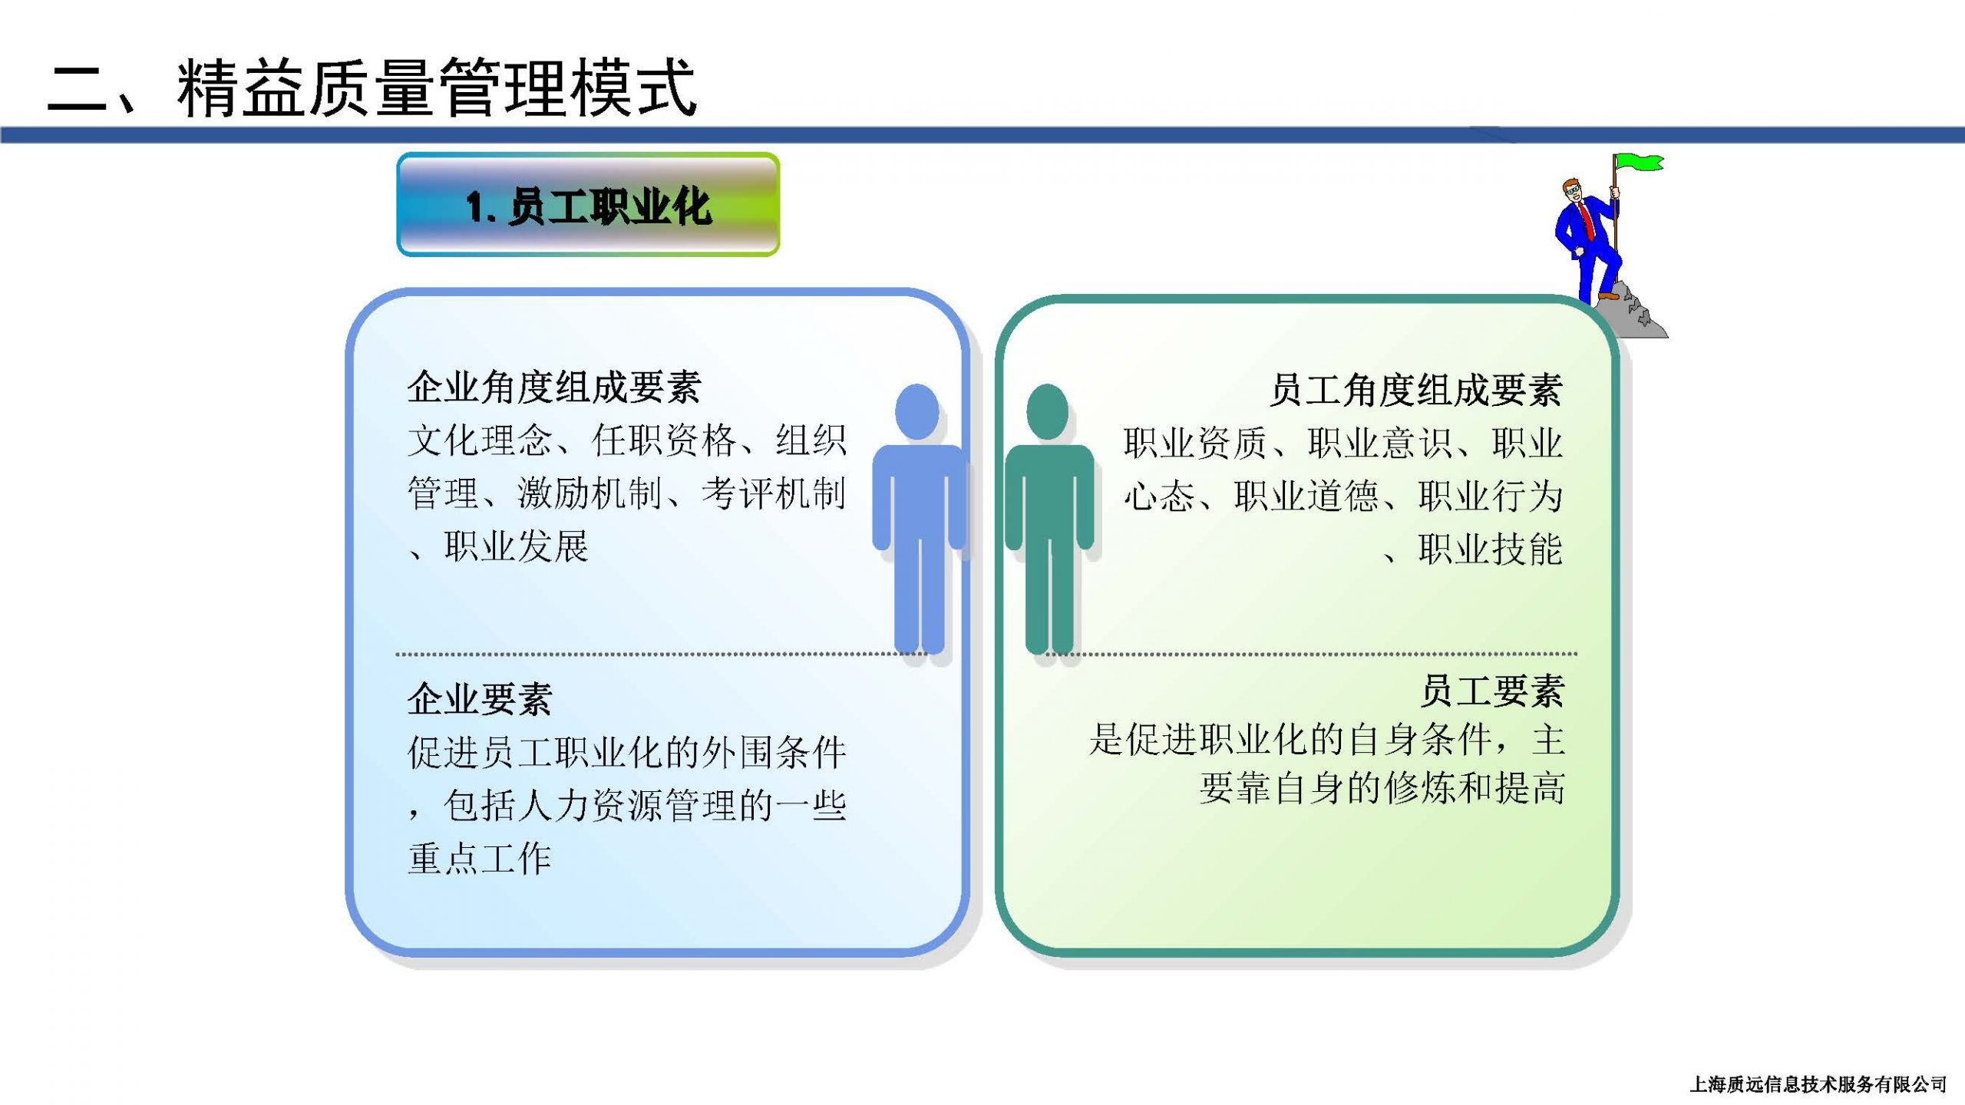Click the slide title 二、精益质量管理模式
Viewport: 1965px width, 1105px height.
click(372, 88)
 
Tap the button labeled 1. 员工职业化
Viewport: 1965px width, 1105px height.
click(588, 204)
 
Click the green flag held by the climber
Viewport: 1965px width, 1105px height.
click(1639, 163)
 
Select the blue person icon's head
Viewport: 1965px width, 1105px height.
click(917, 411)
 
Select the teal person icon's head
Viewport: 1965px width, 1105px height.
click(1047, 412)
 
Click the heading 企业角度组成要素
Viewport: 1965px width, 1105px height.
click(553, 387)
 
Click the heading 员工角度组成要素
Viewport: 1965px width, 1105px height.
click(1415, 390)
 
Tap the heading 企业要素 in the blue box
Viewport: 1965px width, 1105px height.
click(480, 699)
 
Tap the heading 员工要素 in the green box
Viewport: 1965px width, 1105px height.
click(1491, 691)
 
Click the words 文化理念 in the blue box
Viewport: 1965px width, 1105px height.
click(480, 440)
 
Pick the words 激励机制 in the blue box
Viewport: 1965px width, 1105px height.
click(589, 493)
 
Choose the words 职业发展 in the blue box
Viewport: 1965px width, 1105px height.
click(516, 546)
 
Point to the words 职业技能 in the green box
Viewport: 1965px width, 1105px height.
click(1491, 549)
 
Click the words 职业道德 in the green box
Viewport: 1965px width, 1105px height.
click(1306, 496)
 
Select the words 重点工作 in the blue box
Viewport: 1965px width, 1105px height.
click(480, 859)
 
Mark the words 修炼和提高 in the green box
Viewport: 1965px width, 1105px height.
click(1457, 789)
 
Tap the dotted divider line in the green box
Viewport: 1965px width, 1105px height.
click(1311, 654)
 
